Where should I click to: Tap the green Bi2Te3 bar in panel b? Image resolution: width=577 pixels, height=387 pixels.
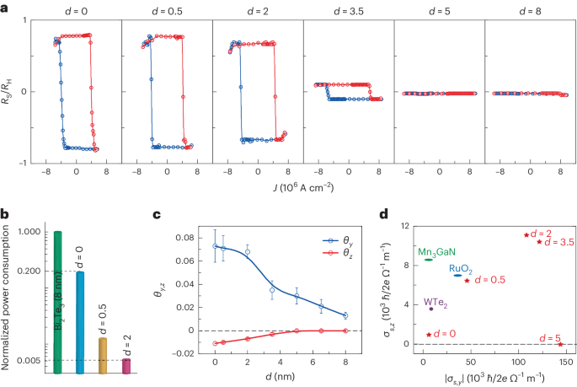57,302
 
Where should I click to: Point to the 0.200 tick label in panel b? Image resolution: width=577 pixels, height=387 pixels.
30,271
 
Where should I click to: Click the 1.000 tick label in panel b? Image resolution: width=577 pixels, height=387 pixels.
30,232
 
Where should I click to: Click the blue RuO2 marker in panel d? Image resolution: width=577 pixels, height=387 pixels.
457,275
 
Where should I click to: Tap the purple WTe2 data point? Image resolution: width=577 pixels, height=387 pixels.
431,309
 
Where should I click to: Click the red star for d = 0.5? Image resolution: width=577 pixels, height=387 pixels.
467,281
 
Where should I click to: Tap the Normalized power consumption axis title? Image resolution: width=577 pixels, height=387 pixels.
7,298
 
